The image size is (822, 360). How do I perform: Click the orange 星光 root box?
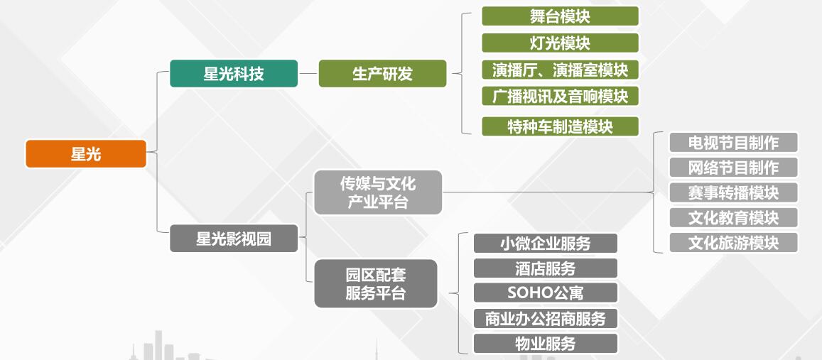[85, 153]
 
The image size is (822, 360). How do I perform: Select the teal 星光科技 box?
[233, 73]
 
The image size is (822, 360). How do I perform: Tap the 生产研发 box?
[382, 73]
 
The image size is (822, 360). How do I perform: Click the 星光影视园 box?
[233, 239]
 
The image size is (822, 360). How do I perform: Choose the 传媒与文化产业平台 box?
[377, 192]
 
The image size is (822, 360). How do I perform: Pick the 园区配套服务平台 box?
[375, 283]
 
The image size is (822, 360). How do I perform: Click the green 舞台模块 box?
[560, 16]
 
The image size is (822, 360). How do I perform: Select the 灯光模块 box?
[560, 43]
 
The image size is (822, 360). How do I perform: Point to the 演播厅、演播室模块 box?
[560, 70]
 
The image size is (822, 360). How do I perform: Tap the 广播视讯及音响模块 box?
[560, 96]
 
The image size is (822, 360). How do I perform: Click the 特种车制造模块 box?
[560, 126]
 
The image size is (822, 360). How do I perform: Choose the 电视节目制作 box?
[733, 142]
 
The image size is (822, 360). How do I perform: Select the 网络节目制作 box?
[733, 167]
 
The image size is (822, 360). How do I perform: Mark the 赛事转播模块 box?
[733, 192]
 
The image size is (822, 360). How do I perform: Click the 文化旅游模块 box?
[733, 243]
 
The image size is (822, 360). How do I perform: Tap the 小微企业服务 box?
[545, 243]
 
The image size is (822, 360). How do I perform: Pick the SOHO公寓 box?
[545, 293]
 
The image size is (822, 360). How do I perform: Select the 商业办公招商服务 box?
[545, 318]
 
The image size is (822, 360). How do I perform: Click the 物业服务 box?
[545, 343]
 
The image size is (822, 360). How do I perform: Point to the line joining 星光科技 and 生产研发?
[308, 73]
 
